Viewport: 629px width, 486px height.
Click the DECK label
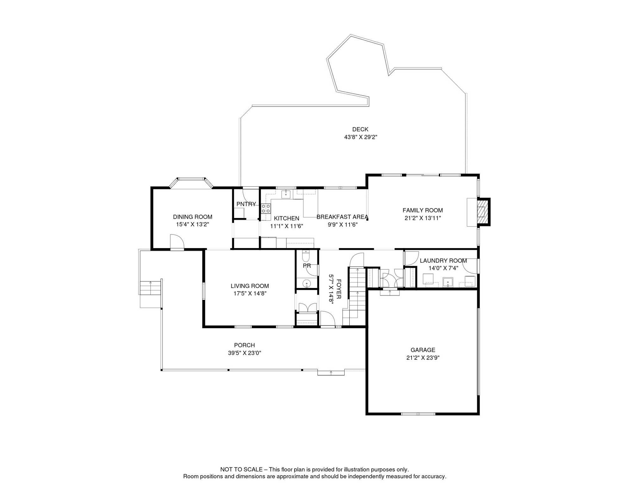pyautogui.click(x=360, y=129)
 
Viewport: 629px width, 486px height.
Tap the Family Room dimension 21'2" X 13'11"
pyautogui.click(x=423, y=218)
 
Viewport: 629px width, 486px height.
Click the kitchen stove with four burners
pyautogui.click(x=266, y=209)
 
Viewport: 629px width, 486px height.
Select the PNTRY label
pyautogui.click(x=246, y=204)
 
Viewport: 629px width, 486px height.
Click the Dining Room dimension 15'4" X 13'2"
pyautogui.click(x=193, y=224)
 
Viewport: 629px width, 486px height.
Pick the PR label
pyautogui.click(x=307, y=266)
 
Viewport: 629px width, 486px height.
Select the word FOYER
pyautogui.click(x=339, y=289)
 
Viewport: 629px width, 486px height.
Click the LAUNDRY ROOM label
pyautogui.click(x=443, y=261)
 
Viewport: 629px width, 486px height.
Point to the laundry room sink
pyautogui.click(x=448, y=282)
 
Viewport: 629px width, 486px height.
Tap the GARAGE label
pyautogui.click(x=423, y=350)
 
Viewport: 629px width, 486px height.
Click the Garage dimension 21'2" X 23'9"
pyautogui.click(x=423, y=358)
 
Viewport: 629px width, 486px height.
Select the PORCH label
pyautogui.click(x=245, y=345)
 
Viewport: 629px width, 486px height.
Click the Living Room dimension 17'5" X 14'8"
pyautogui.click(x=250, y=294)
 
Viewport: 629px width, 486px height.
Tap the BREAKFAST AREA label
pyautogui.click(x=342, y=217)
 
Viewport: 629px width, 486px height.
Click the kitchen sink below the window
pyautogui.click(x=286, y=194)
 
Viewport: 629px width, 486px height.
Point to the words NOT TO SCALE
pyautogui.click(x=241, y=470)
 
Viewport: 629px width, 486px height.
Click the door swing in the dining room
pyautogui.click(x=177, y=242)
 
